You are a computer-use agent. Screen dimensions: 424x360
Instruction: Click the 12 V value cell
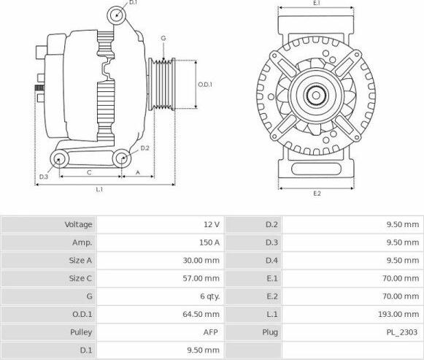point(212,224)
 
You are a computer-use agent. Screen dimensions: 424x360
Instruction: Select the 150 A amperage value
point(209,242)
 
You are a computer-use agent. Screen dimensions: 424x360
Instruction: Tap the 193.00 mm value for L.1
point(398,314)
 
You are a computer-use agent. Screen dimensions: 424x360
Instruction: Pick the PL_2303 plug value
point(402,332)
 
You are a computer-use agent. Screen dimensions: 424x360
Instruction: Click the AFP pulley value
point(210,332)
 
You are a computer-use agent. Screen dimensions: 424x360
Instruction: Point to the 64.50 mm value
point(201,314)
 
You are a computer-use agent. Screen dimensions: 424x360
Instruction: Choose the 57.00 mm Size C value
point(201,278)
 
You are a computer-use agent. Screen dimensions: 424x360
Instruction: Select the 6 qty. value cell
point(210,296)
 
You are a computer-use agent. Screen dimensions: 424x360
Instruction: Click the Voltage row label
point(78,224)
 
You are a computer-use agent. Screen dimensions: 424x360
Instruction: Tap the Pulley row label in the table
point(81,332)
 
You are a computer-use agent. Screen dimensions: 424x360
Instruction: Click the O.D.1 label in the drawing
point(205,85)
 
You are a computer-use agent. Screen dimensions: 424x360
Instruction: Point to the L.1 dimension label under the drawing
point(99,189)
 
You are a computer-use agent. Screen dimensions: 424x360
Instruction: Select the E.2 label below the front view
point(317,194)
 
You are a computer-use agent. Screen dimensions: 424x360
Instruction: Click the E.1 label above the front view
point(317,3)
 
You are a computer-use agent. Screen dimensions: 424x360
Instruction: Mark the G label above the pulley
point(163,39)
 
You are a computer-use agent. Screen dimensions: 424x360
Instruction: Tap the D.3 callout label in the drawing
point(43,177)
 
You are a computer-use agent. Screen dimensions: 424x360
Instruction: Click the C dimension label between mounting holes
point(89,172)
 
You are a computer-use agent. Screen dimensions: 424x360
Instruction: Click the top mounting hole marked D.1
point(117,15)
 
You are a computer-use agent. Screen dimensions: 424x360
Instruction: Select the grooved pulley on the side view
point(162,85)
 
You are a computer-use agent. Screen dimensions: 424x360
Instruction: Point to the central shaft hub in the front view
point(316,95)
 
